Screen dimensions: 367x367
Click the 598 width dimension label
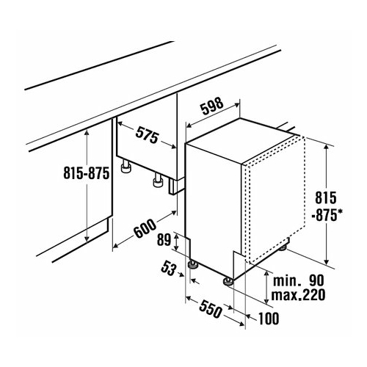212,106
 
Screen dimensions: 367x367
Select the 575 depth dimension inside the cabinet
147,134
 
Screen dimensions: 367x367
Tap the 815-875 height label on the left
86,172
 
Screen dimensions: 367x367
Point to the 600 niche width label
145,228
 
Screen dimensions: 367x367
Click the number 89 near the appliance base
164,239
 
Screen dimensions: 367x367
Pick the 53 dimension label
168,267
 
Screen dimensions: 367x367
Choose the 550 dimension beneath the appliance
211,308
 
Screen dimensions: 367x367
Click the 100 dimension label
269,319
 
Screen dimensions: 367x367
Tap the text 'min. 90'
298,280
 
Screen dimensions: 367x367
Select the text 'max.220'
298,295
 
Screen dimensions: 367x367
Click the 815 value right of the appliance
326,197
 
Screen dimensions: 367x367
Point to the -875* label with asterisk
327,215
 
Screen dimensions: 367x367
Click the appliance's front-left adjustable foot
193,265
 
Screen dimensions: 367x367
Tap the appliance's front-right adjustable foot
228,281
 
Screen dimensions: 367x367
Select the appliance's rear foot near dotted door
284,247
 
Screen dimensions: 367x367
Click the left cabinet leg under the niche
126,167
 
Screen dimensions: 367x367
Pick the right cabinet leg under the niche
158,181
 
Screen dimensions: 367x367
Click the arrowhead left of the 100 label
248,317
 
